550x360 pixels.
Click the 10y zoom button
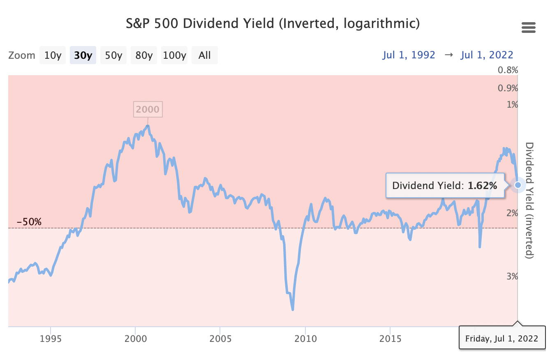click(53, 55)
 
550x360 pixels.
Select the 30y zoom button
click(83, 55)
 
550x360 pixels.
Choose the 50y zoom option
click(113, 55)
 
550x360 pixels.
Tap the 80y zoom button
click(144, 55)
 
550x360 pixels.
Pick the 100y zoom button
click(174, 55)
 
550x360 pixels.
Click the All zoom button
click(204, 55)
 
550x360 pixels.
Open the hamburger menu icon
click(528, 28)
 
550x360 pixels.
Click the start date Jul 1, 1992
click(409, 55)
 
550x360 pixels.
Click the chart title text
click(273, 23)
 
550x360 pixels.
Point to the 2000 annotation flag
click(148, 109)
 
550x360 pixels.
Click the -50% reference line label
click(29, 222)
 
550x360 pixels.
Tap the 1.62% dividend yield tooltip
click(445, 185)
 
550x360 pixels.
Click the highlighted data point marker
click(518, 185)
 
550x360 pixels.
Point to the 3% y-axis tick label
click(512, 276)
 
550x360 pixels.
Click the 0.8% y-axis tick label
click(508, 70)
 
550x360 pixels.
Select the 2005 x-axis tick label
click(220, 339)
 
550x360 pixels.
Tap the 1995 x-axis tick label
click(51, 339)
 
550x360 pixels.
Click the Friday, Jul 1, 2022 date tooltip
click(501, 339)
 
